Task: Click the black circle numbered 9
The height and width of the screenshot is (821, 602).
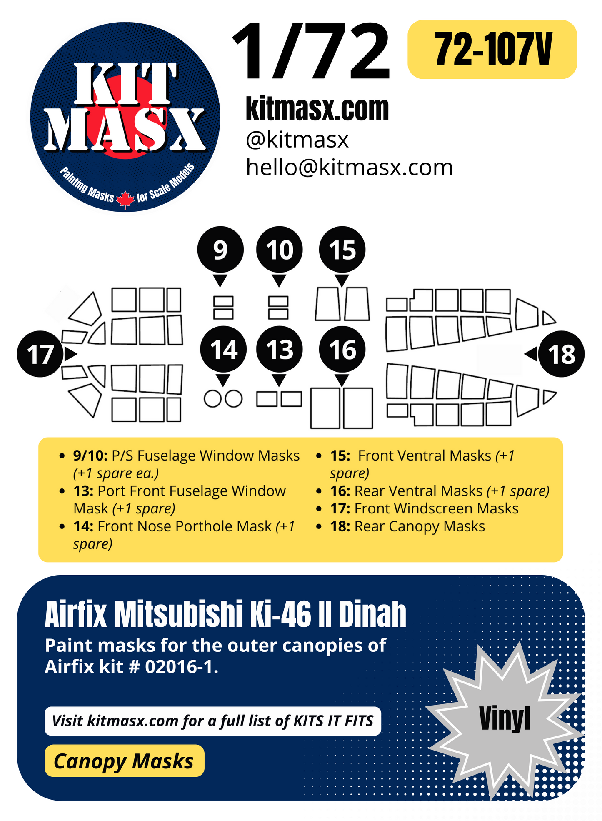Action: click(220, 250)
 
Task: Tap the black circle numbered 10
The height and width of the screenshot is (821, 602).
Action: click(279, 250)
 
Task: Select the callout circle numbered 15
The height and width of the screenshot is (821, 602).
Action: click(342, 250)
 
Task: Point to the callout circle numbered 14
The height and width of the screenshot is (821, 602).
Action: click(223, 349)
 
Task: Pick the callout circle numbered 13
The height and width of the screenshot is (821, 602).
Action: click(279, 349)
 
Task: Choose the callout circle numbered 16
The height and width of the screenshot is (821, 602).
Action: click(342, 349)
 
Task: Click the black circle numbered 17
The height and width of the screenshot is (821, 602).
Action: click(40, 354)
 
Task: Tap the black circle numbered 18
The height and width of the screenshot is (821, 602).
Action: click(561, 354)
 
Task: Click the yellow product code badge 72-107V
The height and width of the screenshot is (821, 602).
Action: click(492, 50)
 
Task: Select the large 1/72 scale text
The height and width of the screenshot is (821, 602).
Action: click(311, 52)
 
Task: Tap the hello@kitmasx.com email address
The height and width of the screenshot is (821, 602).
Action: click(349, 168)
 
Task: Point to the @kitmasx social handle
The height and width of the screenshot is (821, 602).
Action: click(297, 140)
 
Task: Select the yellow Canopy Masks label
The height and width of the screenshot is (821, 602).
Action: click(124, 761)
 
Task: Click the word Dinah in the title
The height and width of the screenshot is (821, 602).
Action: click(372, 614)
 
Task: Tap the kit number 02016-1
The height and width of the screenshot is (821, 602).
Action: click(182, 667)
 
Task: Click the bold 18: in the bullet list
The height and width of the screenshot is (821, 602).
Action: click(340, 526)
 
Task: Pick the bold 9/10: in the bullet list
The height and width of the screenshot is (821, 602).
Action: click(90, 456)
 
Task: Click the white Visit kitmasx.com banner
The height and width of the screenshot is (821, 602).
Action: click(212, 721)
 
